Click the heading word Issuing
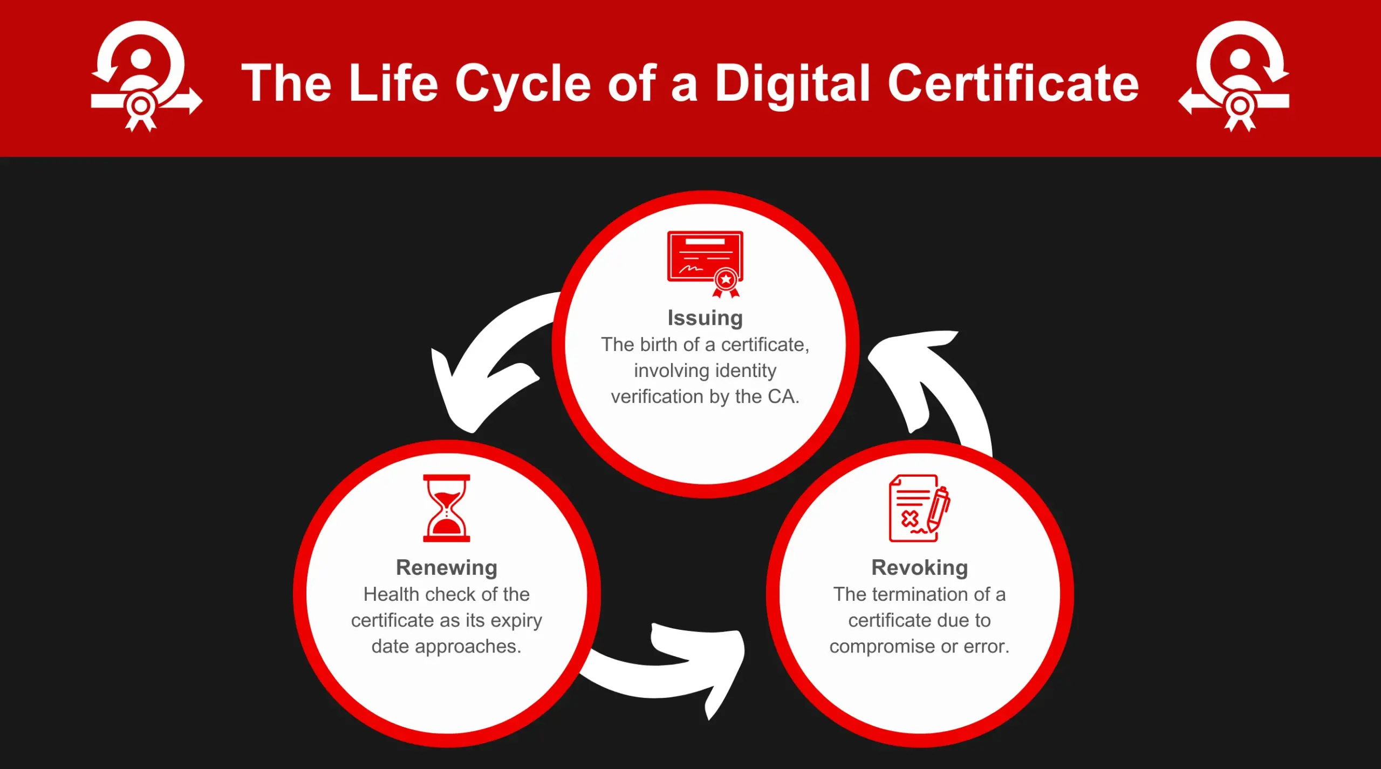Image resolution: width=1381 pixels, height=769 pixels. (705, 318)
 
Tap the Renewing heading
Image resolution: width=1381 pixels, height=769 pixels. (447, 568)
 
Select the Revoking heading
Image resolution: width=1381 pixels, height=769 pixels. (920, 568)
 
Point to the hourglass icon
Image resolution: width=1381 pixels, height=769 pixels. (447, 508)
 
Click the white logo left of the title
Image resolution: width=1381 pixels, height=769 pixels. (146, 76)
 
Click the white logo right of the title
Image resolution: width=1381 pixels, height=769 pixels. (1234, 76)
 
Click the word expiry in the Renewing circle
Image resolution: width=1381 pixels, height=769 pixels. (516, 621)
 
